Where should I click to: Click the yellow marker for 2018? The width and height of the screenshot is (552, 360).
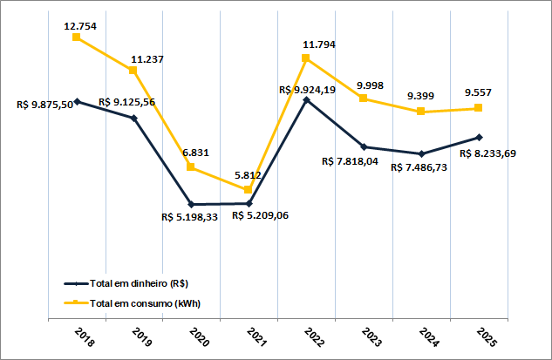tap(77, 37)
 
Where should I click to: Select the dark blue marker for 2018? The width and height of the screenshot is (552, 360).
tap(77, 101)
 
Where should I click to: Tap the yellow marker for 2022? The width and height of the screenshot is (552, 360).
tap(306, 58)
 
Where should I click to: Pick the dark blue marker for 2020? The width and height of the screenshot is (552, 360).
tap(192, 204)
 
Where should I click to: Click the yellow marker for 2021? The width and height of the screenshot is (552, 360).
tap(249, 189)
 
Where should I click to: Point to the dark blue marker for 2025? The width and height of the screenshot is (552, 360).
tap(479, 137)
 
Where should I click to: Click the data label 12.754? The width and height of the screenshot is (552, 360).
tap(80, 26)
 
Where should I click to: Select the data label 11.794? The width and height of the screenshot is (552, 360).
tap(319, 44)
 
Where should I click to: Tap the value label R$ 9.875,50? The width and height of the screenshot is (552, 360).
tap(44, 105)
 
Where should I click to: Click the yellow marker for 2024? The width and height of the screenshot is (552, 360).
tap(421, 112)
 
